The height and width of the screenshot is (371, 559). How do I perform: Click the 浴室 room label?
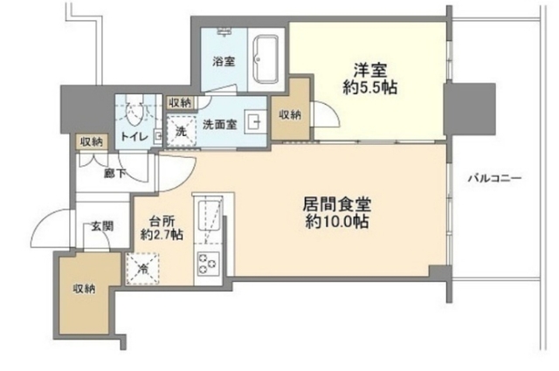224,61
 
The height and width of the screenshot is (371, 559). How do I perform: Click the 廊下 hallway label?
114,173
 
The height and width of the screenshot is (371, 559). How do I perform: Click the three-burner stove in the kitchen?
210,264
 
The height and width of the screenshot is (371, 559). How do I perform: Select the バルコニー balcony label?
493,178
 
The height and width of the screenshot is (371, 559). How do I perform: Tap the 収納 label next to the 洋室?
292,113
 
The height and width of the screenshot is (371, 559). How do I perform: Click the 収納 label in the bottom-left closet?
84,288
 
